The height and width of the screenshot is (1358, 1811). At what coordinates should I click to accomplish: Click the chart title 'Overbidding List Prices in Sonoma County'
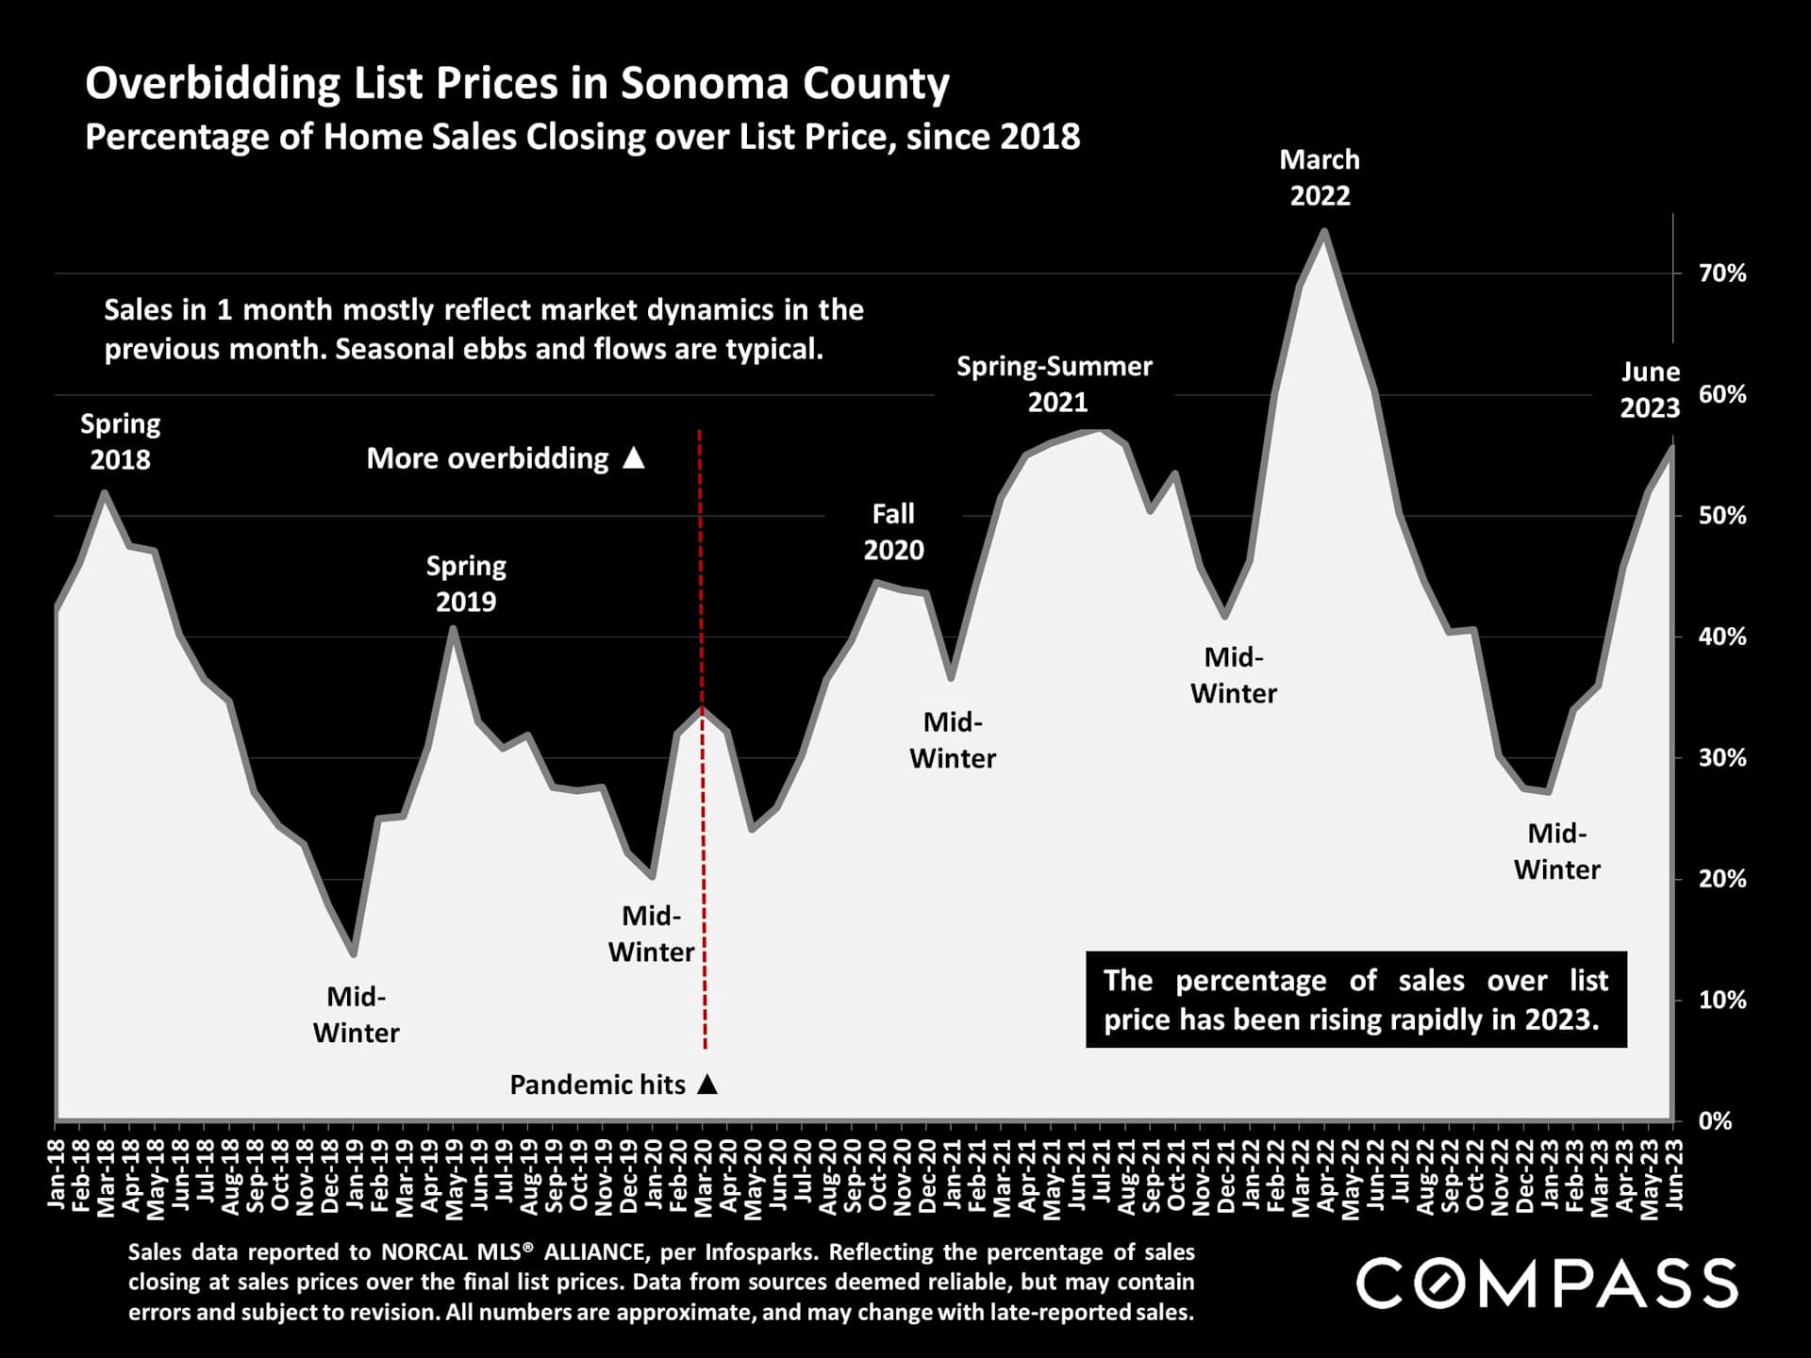coord(517,83)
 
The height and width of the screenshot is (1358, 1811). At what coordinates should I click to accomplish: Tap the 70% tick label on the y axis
coord(1722,273)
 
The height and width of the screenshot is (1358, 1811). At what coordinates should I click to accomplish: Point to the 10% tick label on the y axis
coord(1722,1001)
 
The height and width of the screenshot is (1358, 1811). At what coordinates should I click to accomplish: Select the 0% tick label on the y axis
coord(1715,1121)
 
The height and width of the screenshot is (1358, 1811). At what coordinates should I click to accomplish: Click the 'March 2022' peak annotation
coord(1320,177)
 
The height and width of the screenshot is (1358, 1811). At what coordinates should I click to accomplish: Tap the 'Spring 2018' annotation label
coord(120,441)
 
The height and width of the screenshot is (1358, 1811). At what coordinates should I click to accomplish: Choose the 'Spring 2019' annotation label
coord(466,584)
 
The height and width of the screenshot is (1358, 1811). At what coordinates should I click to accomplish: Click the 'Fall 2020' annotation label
coord(893,532)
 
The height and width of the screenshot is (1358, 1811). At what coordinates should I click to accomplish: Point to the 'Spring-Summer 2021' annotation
coord(1055,384)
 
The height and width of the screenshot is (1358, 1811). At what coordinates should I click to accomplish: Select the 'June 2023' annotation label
coord(1650,389)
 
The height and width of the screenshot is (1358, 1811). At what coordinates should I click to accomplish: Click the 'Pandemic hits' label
coord(598,1085)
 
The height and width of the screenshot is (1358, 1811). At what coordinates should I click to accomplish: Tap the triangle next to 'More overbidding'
coord(634,458)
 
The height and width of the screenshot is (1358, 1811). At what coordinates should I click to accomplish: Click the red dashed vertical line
coord(702,849)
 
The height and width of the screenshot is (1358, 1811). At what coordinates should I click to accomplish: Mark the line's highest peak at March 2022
coord(1324,231)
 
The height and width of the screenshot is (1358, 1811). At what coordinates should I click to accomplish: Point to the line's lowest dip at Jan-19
coord(354,953)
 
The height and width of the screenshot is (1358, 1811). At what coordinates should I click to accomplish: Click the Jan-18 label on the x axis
coord(57,1173)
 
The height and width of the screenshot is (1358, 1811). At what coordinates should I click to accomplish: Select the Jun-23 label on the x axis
coord(1674,1173)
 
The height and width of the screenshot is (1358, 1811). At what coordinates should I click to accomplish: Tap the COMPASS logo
coord(1547,1283)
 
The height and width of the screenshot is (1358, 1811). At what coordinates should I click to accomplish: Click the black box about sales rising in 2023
coord(1355,1000)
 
